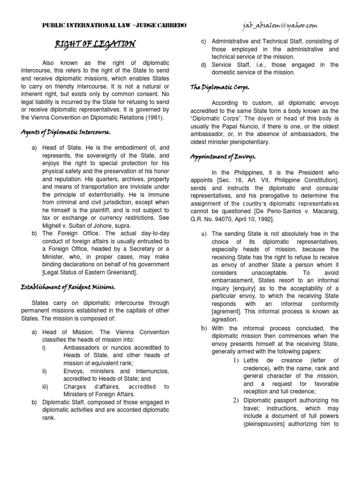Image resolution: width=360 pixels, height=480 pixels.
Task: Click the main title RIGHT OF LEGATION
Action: pyautogui.click(x=95, y=45)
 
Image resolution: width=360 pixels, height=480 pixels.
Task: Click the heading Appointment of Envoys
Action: pyautogui.click(x=223, y=157)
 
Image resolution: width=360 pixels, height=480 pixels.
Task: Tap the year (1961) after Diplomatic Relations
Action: pyautogui.click(x=153, y=117)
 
